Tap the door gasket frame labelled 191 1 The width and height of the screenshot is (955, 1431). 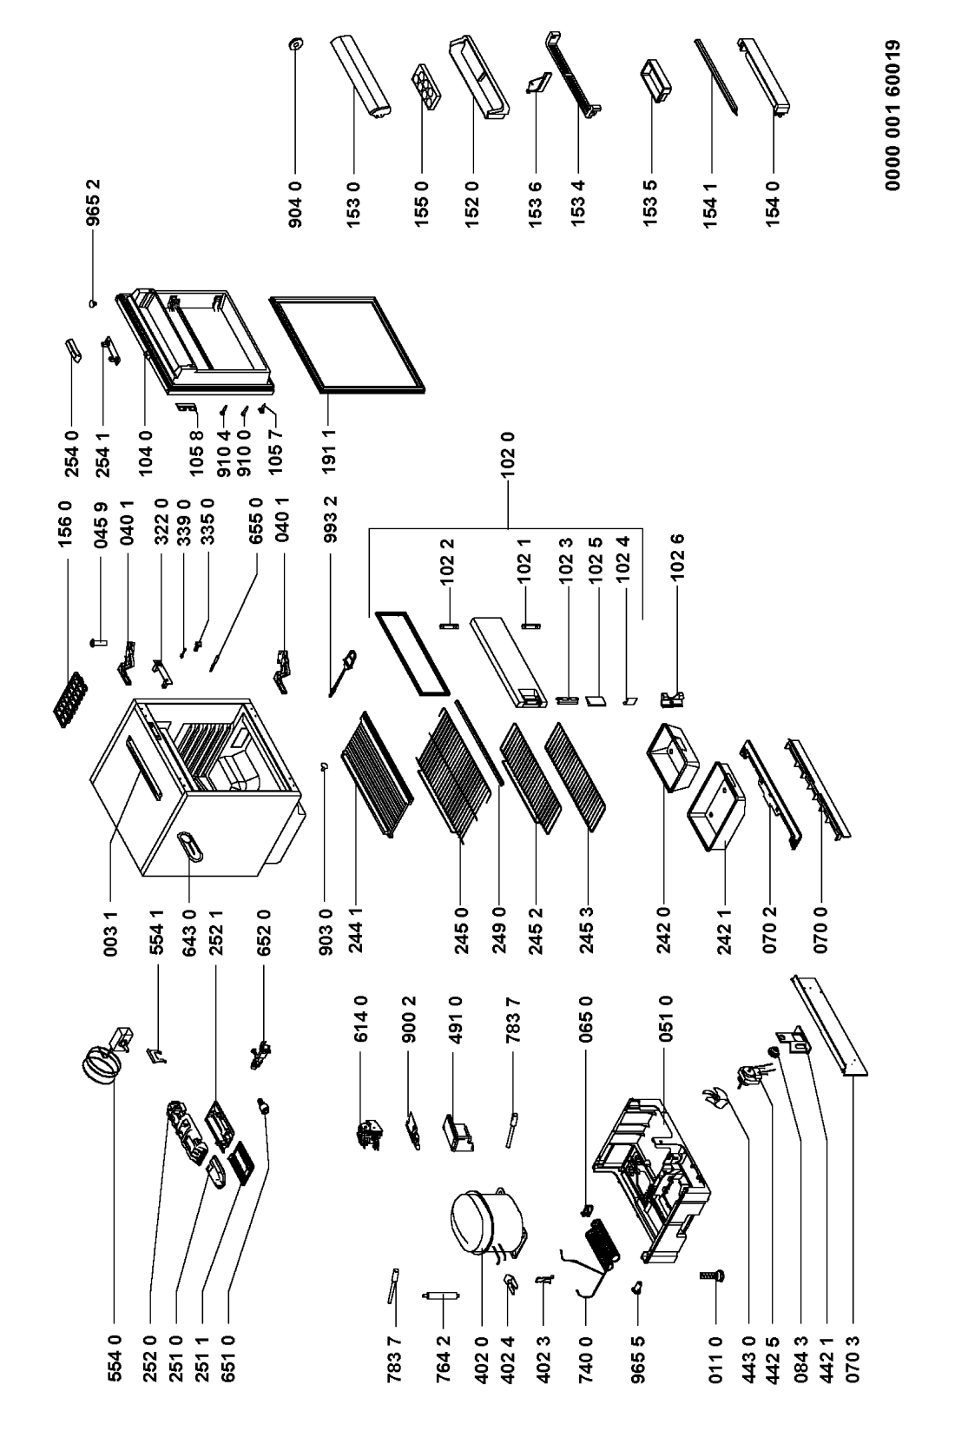(x=348, y=341)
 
